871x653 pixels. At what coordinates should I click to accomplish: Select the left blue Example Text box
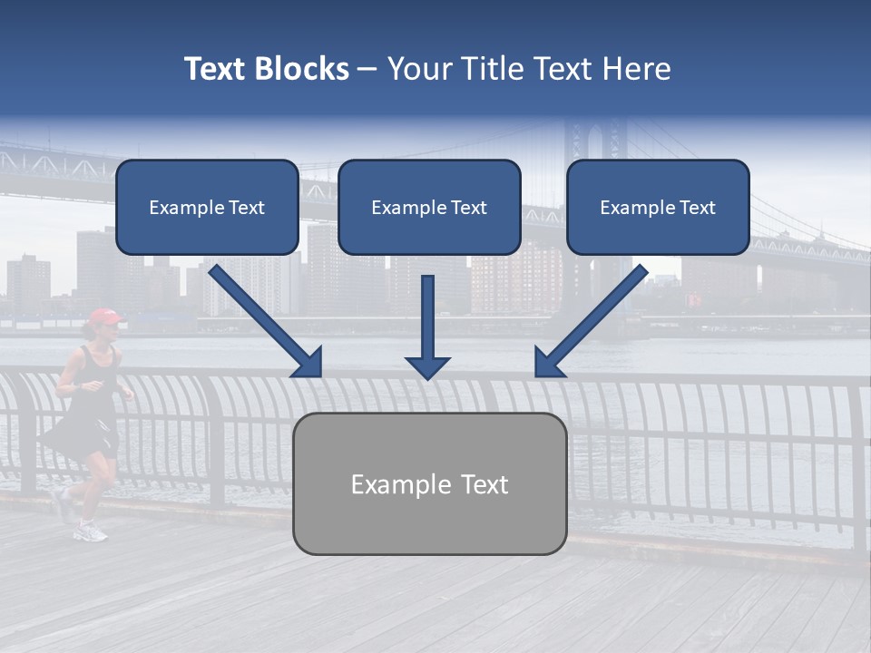coord(207,208)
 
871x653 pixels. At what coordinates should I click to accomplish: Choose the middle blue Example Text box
coord(429,208)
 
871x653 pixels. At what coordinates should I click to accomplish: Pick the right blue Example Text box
coord(658,208)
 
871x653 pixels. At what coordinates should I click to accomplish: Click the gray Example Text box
coord(429,484)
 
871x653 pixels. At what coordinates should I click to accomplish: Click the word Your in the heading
coord(418,69)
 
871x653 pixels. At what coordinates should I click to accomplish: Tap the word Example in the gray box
coord(389,484)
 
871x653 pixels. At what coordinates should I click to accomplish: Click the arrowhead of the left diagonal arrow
coord(308,363)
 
